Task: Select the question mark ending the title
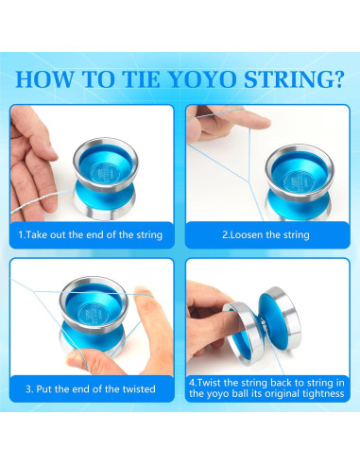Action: (337, 78)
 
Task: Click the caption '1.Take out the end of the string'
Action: (91, 235)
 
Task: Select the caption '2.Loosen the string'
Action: (266, 235)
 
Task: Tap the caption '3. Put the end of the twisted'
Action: (91, 389)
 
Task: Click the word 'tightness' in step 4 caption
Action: (323, 394)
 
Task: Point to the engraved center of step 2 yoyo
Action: (299, 181)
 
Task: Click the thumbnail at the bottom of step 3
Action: (73, 357)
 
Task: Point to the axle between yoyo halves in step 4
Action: (262, 327)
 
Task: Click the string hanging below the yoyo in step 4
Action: (276, 357)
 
